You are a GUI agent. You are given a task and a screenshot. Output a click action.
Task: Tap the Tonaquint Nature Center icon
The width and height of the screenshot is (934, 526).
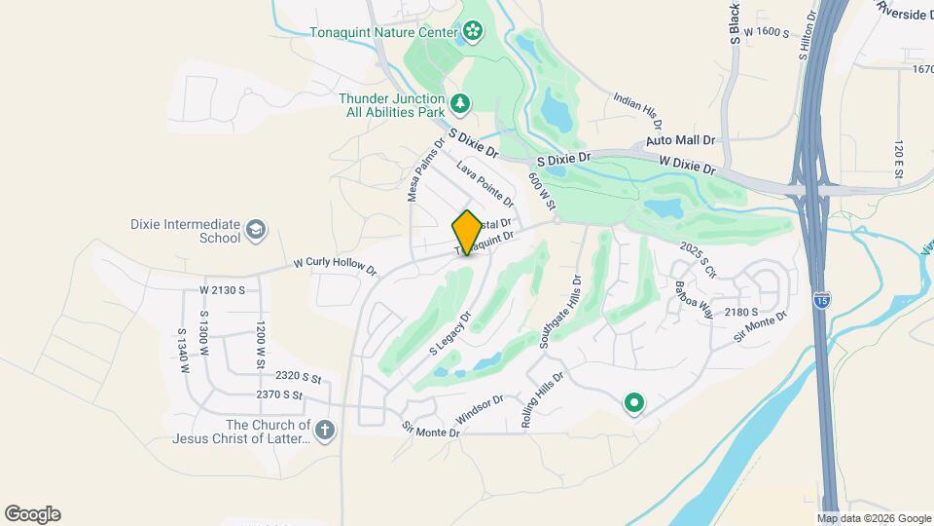(473, 32)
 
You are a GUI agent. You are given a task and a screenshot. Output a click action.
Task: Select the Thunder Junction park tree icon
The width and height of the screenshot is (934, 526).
(459, 101)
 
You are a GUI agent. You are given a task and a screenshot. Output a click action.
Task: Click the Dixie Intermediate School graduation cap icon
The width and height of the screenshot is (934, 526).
(256, 229)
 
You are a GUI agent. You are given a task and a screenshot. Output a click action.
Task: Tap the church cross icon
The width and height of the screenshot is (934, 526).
(325, 429)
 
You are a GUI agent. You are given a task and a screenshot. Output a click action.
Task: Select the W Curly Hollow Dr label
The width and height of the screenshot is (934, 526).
(335, 265)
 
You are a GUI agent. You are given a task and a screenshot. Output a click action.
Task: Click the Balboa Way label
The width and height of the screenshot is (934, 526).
(695, 299)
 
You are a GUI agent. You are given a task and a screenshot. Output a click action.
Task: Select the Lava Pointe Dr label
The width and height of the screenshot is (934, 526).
(484, 185)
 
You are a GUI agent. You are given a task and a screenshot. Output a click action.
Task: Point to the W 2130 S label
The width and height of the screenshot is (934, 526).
(222, 290)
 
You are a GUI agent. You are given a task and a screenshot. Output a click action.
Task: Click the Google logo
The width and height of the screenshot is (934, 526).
(32, 514)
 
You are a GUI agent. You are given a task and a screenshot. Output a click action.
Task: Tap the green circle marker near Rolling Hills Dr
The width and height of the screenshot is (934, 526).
(634, 401)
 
